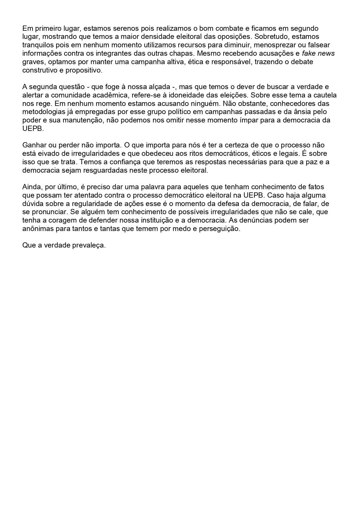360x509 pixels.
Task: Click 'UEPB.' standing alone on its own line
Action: point(33,129)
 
